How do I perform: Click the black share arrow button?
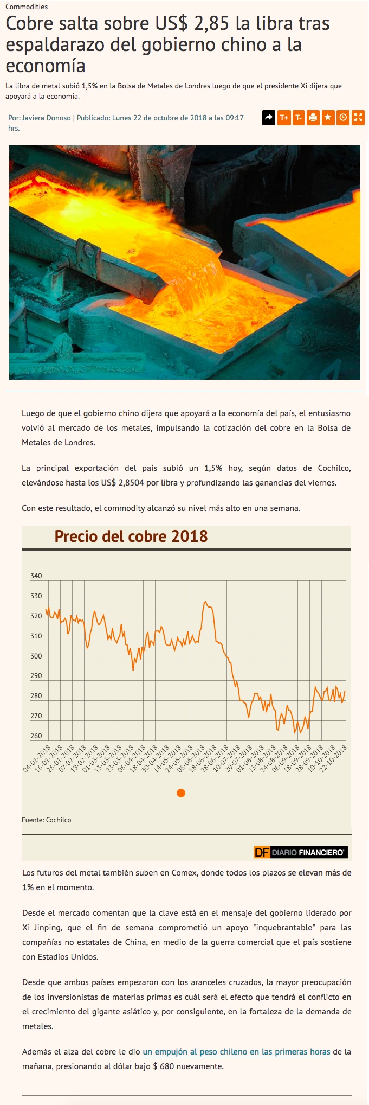point(269,117)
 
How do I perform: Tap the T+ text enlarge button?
point(284,117)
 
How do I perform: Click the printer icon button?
point(313,117)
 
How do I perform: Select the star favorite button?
point(328,117)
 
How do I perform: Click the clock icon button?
point(342,117)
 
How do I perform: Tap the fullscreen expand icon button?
point(358,117)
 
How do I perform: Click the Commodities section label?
point(27,7)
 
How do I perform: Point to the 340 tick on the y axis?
point(36,576)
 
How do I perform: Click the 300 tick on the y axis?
point(36,656)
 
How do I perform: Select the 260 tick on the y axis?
point(36,736)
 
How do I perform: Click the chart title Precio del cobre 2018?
point(131,536)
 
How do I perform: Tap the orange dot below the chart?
point(181,793)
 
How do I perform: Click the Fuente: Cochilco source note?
point(47,820)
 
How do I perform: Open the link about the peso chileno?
point(236,1051)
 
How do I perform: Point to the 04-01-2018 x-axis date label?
point(37,758)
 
